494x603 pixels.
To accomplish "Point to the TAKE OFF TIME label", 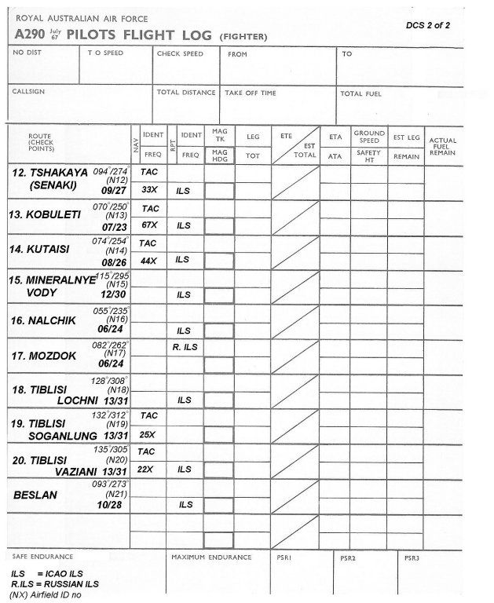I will click(251, 93).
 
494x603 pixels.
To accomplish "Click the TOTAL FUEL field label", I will click(361, 93).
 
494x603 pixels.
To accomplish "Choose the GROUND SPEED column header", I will click(368, 137).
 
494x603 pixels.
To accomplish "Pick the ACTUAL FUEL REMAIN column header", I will click(443, 146).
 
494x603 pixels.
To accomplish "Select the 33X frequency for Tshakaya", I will click(149, 189).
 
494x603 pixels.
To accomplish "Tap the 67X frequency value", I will click(149, 225).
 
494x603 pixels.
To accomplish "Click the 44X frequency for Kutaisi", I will click(149, 260).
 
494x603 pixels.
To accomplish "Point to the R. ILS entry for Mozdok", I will click(185, 346).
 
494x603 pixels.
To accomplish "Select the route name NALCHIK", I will click(47, 320).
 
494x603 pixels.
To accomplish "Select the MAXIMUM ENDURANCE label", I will click(211, 557).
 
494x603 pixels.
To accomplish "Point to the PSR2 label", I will click(349, 558).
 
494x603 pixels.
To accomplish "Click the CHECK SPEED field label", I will click(180, 54).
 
